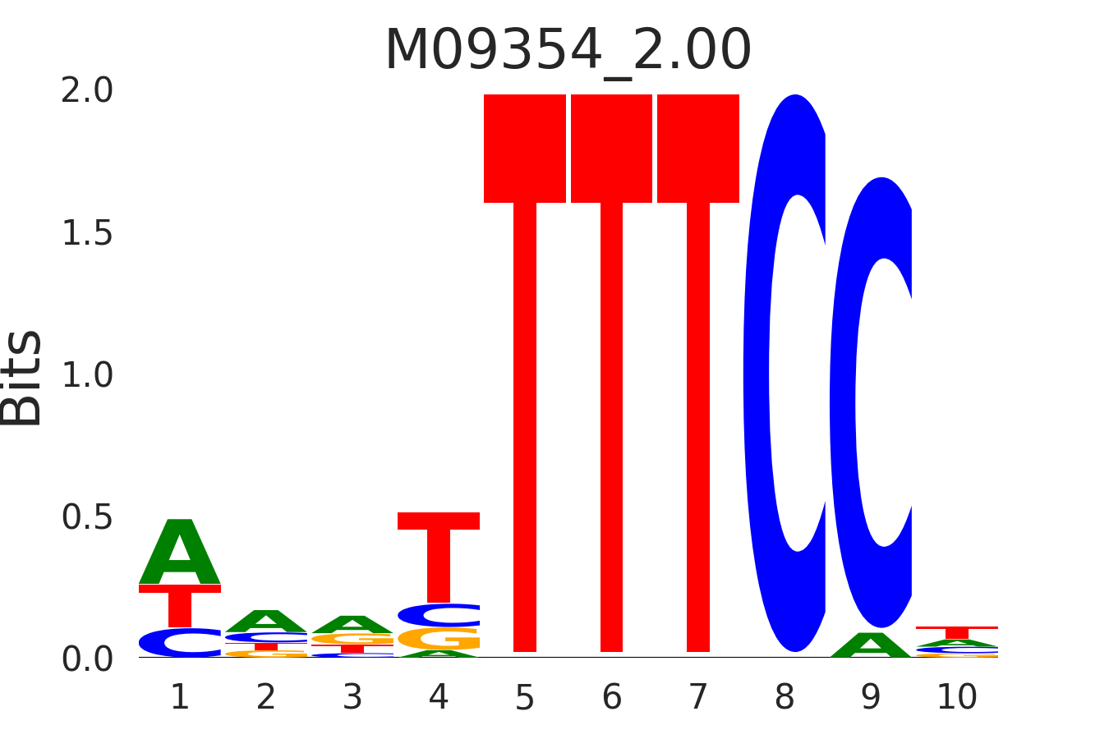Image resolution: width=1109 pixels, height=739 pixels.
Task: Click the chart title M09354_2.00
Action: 568,51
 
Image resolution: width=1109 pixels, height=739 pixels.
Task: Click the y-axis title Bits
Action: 21,378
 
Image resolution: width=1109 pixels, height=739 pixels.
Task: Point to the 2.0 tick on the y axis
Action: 87,91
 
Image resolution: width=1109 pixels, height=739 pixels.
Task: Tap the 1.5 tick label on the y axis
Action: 87,234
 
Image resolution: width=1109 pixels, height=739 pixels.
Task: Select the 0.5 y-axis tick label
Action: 87,518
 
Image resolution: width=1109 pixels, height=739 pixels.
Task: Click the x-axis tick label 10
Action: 957,698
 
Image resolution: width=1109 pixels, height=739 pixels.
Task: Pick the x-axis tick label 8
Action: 785,698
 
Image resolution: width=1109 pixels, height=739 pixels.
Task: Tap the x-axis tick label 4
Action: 439,698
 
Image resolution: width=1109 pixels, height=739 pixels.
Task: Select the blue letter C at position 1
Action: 180,643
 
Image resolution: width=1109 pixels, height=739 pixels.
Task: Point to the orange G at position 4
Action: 439,639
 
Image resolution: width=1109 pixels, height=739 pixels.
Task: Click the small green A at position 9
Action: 871,647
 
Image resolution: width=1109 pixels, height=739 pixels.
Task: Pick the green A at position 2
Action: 266,622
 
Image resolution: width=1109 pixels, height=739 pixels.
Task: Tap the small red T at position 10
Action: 957,631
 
